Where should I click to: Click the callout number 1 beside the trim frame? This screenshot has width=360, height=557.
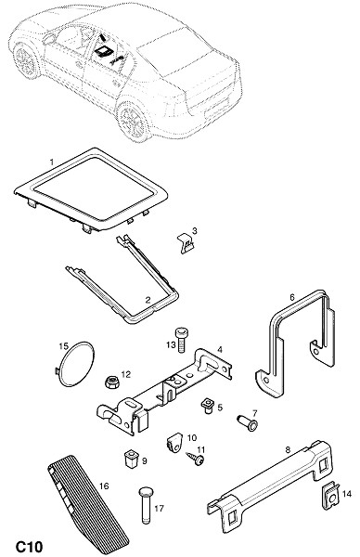52,162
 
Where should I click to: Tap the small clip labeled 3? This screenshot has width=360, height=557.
186,242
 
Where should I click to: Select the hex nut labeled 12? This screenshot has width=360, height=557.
112,382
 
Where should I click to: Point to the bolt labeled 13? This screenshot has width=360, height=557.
182,340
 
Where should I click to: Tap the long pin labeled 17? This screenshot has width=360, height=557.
146,505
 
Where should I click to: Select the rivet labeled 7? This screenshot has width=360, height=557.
248,423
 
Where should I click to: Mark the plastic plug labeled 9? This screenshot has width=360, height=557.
130,459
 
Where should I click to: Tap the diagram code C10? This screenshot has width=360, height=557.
29,547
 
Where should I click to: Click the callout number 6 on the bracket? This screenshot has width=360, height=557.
292,297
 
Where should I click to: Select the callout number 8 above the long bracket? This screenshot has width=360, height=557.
288,449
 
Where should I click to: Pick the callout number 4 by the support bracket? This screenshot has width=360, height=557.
220,350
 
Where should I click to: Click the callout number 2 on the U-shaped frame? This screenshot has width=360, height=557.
148,300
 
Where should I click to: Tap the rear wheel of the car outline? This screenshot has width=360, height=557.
135,121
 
